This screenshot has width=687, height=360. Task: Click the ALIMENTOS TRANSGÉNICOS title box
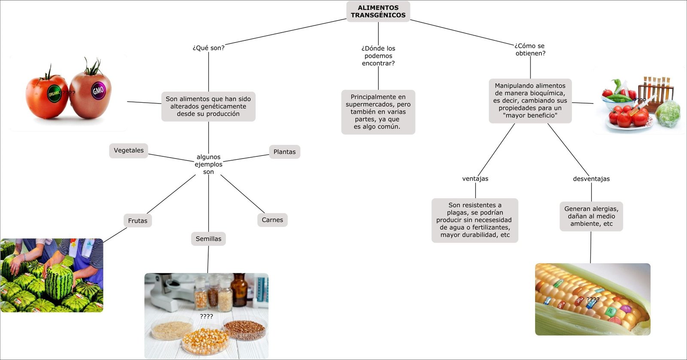[378, 12]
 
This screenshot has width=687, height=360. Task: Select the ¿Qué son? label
[208, 48]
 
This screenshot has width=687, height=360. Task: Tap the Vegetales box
[128, 150]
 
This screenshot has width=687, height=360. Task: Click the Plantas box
[284, 152]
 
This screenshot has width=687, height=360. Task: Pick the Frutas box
[137, 221]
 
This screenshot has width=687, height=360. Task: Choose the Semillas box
[208, 239]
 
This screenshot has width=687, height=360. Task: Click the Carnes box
[272, 220]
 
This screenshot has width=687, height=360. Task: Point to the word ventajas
[475, 179]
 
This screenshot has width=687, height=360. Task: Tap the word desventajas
[591, 179]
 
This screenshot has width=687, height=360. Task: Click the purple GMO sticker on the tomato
[98, 91]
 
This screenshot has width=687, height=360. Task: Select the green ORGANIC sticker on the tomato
[54, 93]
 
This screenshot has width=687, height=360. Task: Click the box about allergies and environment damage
[591, 216]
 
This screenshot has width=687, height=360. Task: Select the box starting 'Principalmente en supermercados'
[378, 112]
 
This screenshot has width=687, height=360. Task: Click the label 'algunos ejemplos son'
[208, 164]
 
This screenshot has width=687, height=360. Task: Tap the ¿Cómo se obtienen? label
[530, 49]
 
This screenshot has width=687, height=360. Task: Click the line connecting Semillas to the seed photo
[208, 259]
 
